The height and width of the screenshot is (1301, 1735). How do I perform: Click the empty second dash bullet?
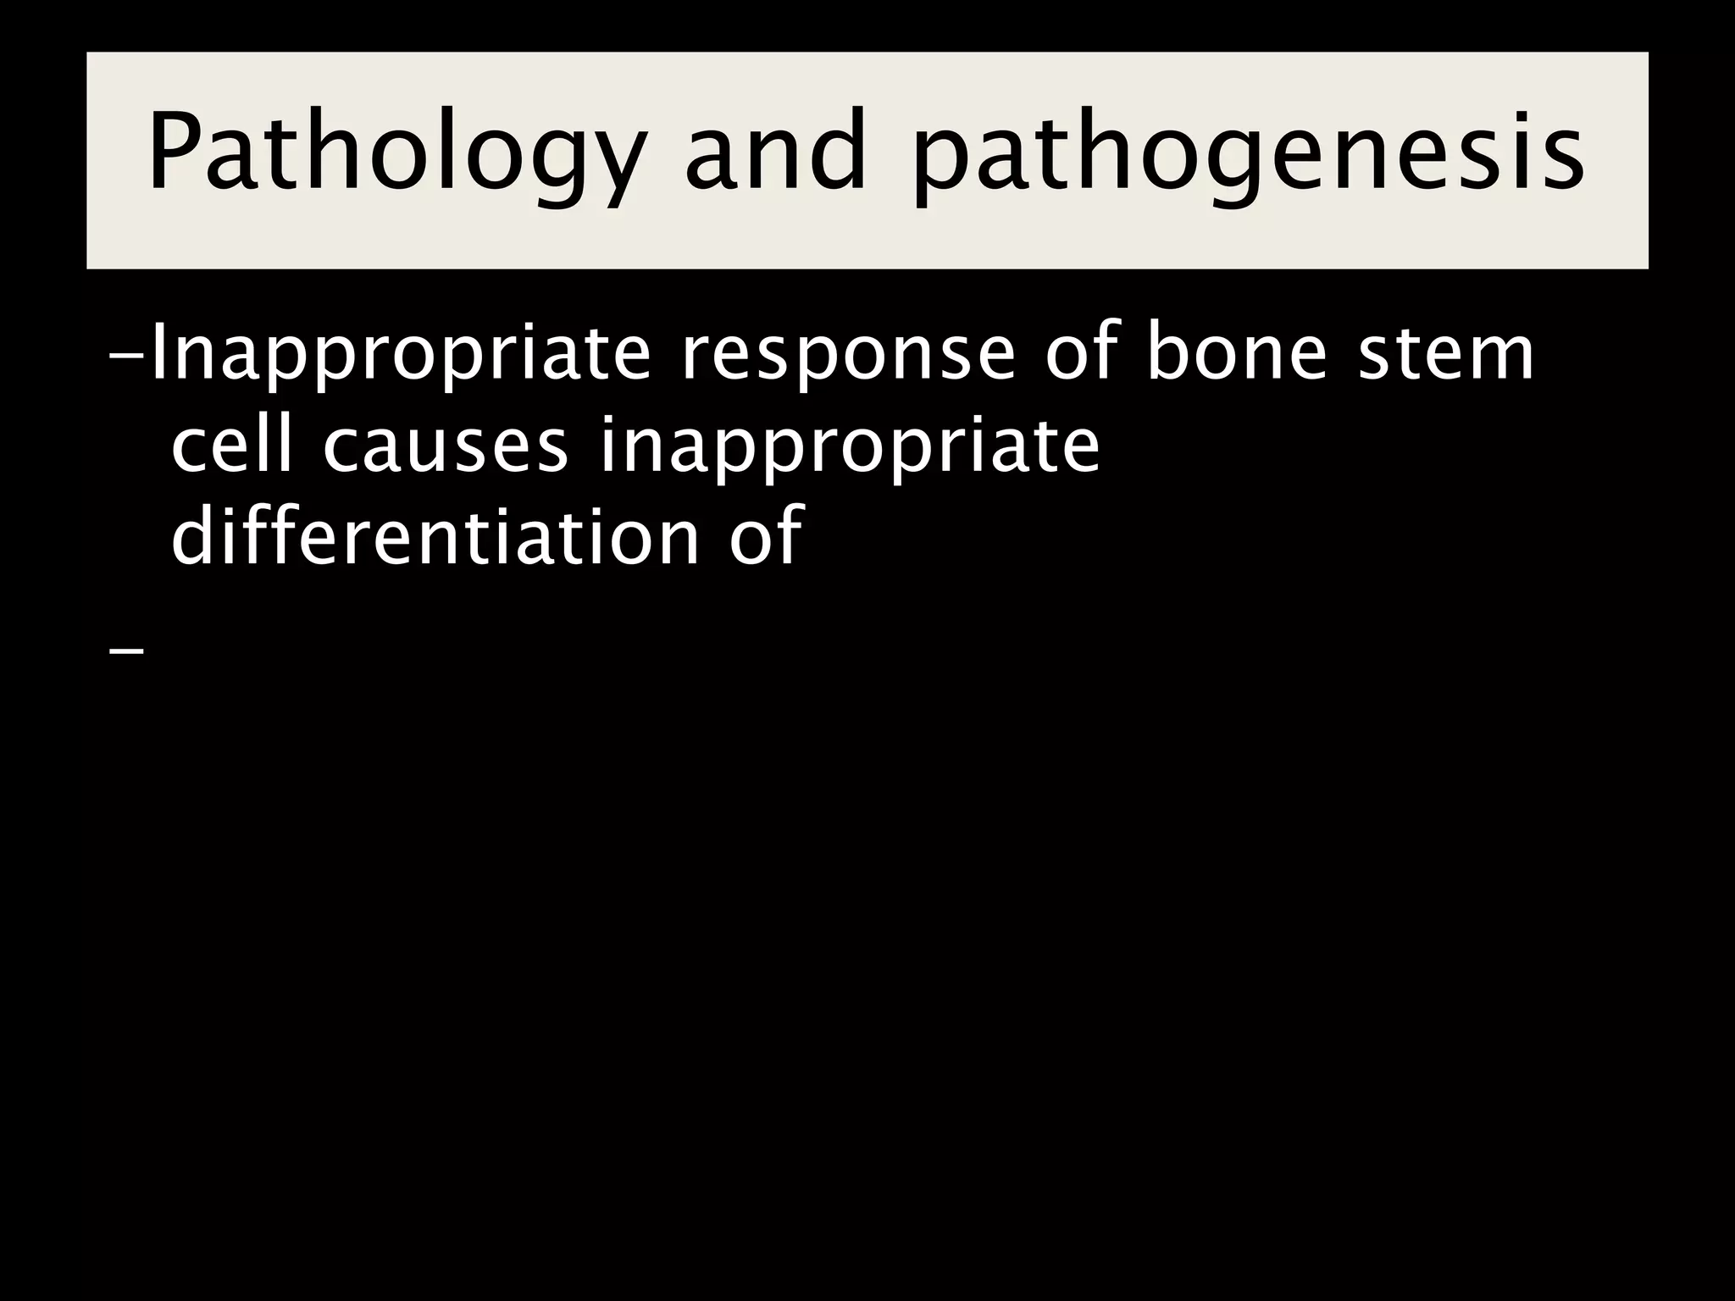tap(127, 652)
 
